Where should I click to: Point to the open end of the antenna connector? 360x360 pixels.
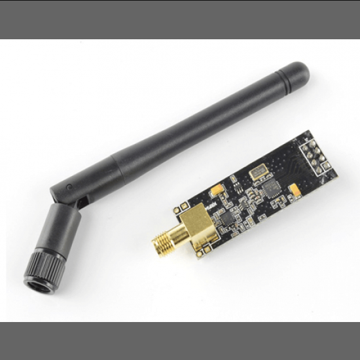(38, 283)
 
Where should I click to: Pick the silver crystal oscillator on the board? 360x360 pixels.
(257, 172)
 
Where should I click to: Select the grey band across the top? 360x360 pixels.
(180, 19)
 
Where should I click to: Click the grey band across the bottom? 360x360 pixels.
(180, 340)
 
